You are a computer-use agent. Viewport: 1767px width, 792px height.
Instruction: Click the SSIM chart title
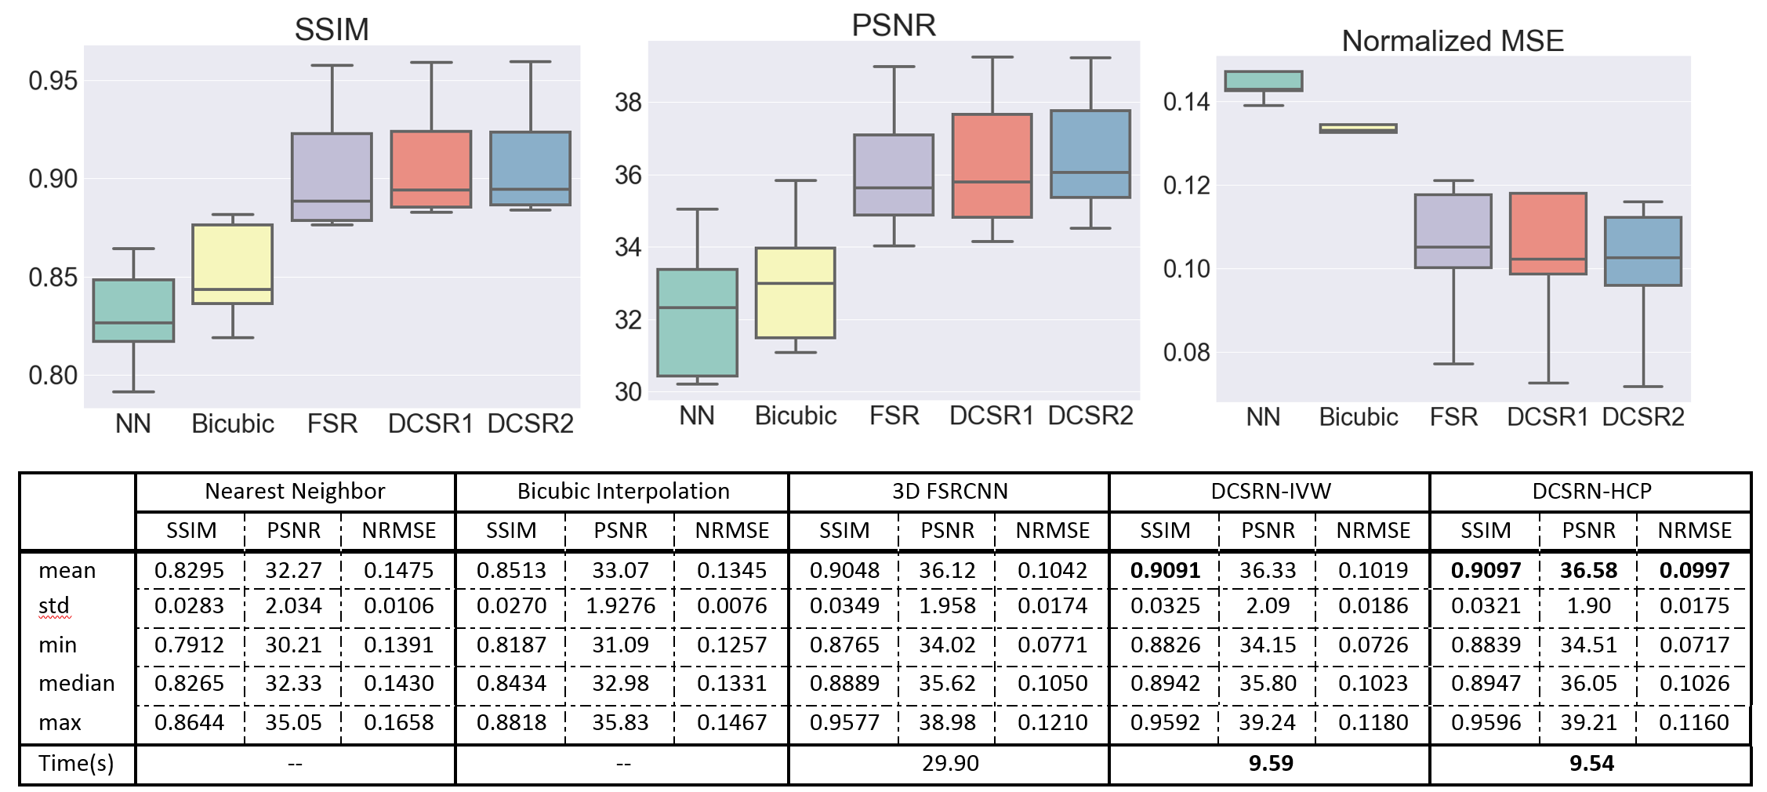click(332, 30)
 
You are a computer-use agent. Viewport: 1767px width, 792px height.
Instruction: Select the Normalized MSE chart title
click(1452, 41)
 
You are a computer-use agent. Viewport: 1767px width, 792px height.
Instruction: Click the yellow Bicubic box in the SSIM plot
click(233, 263)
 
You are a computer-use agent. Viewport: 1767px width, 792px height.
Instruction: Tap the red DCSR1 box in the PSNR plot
click(992, 165)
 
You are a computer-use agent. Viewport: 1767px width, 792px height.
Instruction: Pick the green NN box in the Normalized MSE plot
click(1263, 81)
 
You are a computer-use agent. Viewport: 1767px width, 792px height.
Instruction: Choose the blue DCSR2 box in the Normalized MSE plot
click(1642, 251)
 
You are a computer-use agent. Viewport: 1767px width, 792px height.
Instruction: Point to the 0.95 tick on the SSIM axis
click(53, 80)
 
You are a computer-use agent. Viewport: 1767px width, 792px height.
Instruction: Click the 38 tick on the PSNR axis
click(628, 102)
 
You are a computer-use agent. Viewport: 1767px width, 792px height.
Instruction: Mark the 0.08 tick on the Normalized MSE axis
click(1186, 352)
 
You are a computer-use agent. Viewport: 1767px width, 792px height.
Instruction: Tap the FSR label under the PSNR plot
click(894, 416)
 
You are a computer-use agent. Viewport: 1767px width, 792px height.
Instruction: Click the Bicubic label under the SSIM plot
click(233, 423)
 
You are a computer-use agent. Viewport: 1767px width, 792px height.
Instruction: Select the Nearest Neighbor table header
click(295, 491)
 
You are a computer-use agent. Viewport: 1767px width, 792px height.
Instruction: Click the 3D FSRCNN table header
click(949, 491)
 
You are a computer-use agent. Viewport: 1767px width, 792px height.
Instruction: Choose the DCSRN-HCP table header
click(1591, 491)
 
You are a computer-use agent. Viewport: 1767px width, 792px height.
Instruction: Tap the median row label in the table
click(77, 683)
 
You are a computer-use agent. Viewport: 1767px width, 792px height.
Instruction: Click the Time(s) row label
click(76, 763)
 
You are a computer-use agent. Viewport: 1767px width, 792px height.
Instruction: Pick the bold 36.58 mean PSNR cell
click(1588, 570)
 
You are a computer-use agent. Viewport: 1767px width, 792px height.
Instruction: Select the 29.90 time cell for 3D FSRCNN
click(949, 763)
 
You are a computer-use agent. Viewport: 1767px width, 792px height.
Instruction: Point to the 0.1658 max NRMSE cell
click(398, 722)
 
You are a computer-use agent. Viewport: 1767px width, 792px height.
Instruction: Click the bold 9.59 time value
click(1270, 763)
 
